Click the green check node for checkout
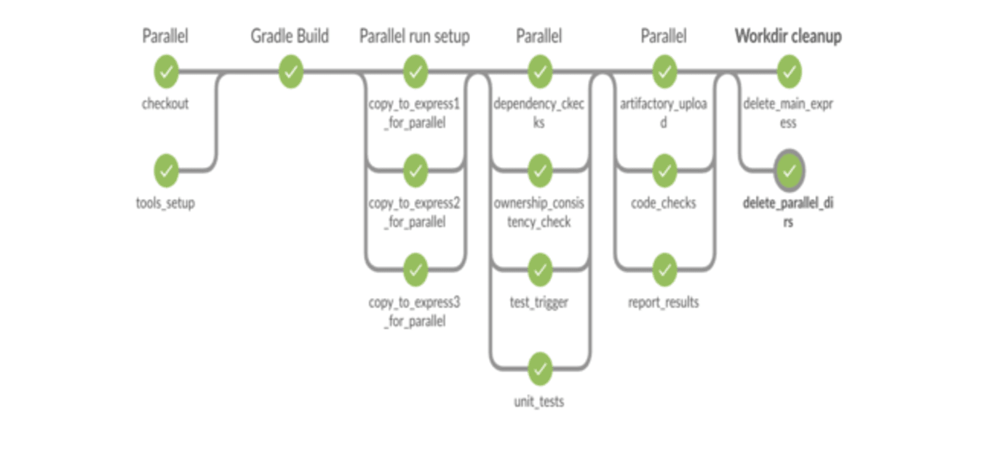tap(166, 72)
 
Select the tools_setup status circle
tap(166, 171)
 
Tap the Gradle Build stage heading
tap(290, 36)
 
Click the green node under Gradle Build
tap(290, 72)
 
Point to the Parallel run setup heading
tap(414, 36)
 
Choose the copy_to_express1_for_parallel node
tap(415, 72)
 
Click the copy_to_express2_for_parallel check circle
tap(415, 171)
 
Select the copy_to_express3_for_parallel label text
tap(414, 311)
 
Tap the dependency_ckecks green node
tap(539, 72)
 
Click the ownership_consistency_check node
tap(539, 171)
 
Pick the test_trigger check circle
tap(539, 270)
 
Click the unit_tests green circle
tap(539, 369)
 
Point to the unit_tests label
tap(539, 401)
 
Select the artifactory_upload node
tap(664, 72)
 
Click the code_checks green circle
tap(664, 171)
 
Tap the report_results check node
tap(664, 270)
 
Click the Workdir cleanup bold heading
tap(788, 36)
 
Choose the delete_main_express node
tap(789, 72)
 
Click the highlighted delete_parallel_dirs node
tap(790, 171)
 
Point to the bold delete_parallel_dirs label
tap(788, 212)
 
